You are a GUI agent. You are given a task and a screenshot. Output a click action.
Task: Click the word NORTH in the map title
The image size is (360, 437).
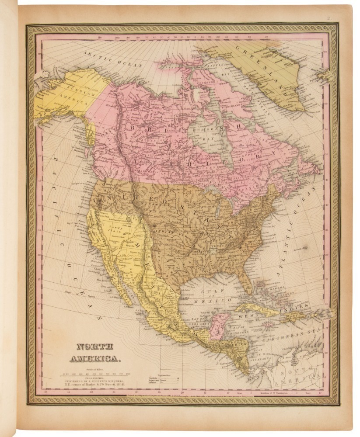(x=94, y=348)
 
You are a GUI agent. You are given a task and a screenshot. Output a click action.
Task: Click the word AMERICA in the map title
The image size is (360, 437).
(x=94, y=359)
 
